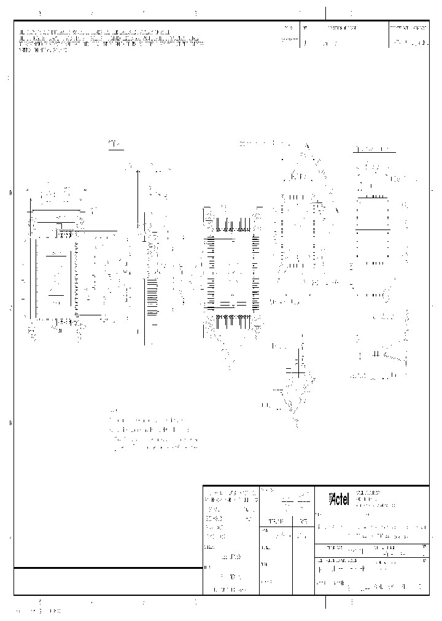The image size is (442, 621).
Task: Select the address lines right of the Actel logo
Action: pos(369,499)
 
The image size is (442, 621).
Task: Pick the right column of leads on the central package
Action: pos(255,273)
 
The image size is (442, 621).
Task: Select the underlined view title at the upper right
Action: pos(373,150)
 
